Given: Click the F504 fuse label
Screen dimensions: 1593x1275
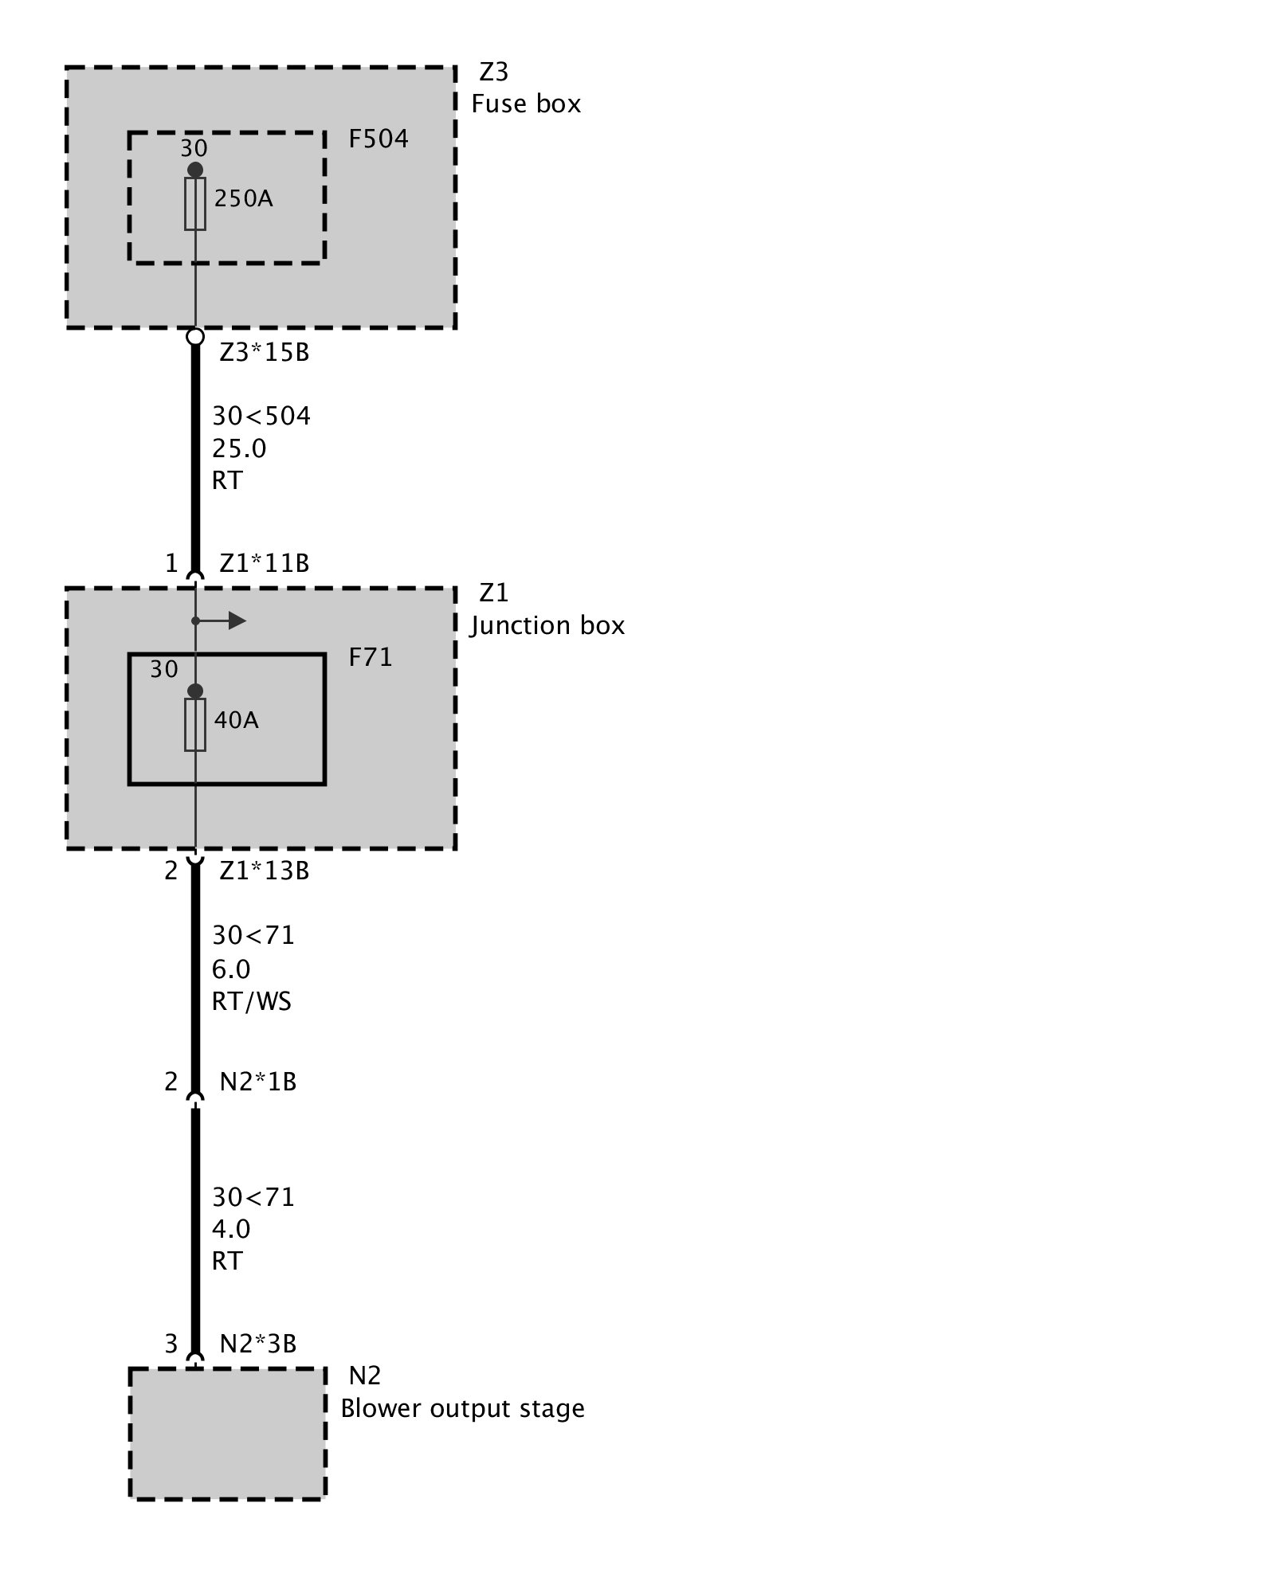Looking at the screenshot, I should (379, 139).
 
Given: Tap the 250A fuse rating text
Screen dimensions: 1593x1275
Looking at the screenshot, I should (243, 198).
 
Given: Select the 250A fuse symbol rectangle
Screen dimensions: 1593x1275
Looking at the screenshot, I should (195, 204).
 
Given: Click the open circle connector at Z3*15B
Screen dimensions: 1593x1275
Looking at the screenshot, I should (195, 337).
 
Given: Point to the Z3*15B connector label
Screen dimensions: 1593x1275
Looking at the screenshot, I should (264, 352).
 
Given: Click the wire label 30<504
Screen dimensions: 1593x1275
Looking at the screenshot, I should (261, 416).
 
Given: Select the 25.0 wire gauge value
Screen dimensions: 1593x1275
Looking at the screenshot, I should (239, 449).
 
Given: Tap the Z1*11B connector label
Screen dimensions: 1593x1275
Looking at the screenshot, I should (264, 564).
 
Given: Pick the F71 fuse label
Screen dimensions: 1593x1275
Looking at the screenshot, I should (371, 658).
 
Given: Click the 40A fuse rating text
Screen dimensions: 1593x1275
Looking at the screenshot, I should (236, 720).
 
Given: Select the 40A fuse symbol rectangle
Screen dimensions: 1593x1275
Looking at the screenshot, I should (195, 725).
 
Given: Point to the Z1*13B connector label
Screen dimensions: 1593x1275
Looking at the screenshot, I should (264, 871).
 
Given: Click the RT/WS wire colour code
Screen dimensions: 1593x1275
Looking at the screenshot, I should (252, 1001).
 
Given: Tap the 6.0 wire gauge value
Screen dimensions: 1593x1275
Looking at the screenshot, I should (231, 969).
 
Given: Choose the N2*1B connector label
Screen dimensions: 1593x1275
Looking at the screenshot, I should (257, 1082).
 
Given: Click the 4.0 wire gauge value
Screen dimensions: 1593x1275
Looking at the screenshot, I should (231, 1229).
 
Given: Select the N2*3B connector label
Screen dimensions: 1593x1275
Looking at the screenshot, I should (257, 1344).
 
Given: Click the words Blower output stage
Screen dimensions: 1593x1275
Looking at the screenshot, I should (462, 1409).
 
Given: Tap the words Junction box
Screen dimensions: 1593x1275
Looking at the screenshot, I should (547, 626).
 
